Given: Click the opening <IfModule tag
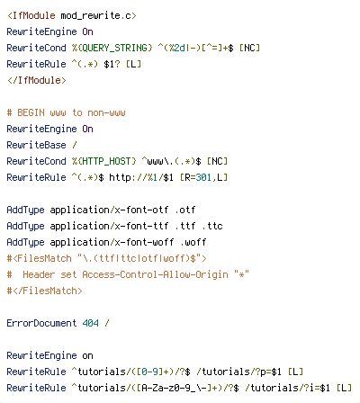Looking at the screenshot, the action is tap(31, 15).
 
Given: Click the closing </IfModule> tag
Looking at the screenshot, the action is tap(37, 80).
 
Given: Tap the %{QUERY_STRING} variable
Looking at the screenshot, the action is tap(112, 48).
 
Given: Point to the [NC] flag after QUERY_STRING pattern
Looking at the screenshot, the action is tap(249, 48).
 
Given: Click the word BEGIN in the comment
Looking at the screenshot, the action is tap(31, 112).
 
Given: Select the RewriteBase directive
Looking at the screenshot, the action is tap(36, 145).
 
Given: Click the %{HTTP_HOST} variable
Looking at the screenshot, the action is tap(104, 161).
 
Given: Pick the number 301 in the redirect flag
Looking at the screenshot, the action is tap(203, 177).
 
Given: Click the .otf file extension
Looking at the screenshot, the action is tap(185, 210).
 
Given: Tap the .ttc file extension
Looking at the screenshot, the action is tap(212, 226).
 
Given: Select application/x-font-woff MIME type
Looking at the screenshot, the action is tap(112, 242).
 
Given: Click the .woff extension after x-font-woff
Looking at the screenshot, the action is tap(193, 242).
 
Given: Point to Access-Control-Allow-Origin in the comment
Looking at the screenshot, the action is tap(155, 274).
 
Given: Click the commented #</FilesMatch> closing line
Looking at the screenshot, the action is tap(44, 291).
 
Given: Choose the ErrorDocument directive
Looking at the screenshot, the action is tap(41, 323).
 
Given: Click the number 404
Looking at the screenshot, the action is tap(90, 323).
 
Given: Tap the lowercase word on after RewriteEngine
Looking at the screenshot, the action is tap(87, 356).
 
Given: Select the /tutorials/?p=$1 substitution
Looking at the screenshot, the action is tap(239, 372).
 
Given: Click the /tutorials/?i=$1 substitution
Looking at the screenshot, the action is tap(288, 388).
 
